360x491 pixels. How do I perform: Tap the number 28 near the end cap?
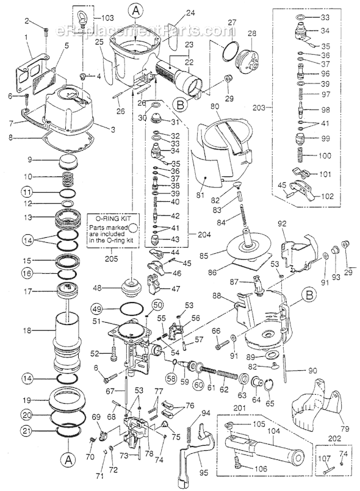click(252, 32)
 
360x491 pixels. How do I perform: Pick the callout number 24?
click(190, 12)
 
